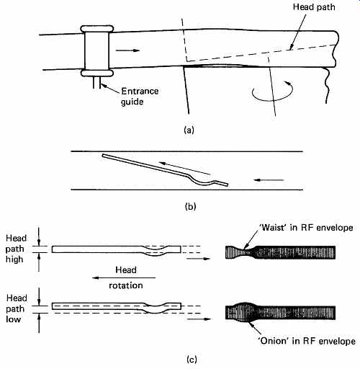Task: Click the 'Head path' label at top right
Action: click(314, 7)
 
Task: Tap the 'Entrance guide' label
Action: click(140, 97)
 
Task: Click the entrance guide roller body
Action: click(97, 50)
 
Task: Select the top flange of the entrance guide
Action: click(97, 29)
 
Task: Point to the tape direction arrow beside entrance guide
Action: click(127, 50)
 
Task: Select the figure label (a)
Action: click(189, 130)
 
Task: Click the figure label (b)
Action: click(191, 207)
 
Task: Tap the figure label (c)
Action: click(192, 360)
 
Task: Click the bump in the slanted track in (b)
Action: click(203, 182)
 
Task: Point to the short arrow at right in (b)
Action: click(269, 179)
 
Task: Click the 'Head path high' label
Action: click(14, 249)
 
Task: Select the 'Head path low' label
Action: click(15, 308)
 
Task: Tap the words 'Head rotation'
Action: click(126, 277)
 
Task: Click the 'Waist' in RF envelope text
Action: click(305, 228)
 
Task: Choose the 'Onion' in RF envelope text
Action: click(307, 341)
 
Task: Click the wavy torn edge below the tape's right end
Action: click(326, 85)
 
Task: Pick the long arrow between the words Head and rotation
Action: click(124, 278)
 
